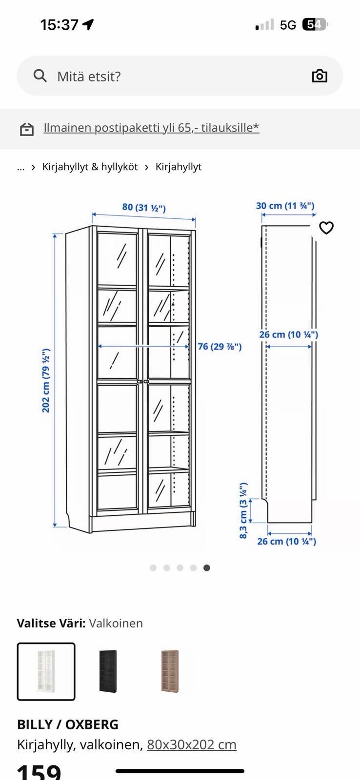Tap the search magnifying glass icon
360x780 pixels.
click(40, 76)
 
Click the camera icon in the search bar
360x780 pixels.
click(320, 76)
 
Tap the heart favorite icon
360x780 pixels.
click(326, 228)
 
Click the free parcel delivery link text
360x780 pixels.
click(151, 128)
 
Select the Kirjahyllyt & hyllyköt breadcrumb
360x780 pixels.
click(90, 167)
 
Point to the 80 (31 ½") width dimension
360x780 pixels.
click(144, 208)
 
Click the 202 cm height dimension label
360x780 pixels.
click(46, 380)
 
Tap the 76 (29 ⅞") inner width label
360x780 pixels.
click(220, 347)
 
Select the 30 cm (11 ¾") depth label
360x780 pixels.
click(285, 206)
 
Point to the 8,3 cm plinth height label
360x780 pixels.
click(243, 510)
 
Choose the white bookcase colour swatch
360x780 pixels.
click(46, 671)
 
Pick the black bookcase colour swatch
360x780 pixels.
click(108, 671)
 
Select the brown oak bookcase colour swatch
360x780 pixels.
click(170, 671)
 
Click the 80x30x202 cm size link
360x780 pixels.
click(192, 745)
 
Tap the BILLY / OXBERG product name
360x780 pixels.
click(68, 724)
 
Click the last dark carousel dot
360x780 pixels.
click(207, 568)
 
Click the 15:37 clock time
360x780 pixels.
click(59, 25)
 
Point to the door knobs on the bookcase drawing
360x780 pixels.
click(143, 382)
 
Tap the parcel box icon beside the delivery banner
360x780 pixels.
click(26, 129)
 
